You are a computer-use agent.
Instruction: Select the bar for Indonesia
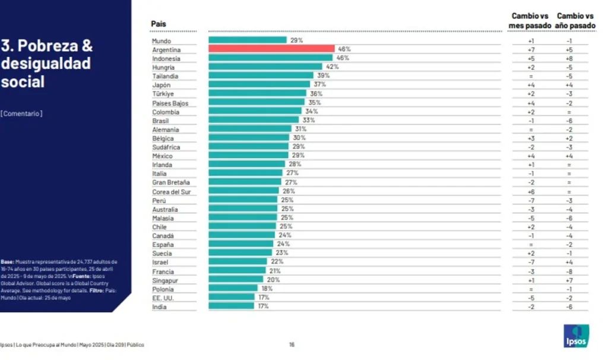pos(270,58)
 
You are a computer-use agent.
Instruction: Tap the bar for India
pos(231,306)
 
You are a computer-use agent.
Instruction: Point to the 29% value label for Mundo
pos(296,40)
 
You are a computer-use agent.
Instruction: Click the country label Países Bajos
pos(170,103)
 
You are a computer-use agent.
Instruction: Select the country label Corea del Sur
pos(171,191)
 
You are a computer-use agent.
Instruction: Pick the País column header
pos(159,24)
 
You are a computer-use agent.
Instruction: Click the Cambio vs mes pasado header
pos(531,21)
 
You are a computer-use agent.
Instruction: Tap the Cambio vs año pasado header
pos(575,21)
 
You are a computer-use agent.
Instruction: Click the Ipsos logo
pos(575,336)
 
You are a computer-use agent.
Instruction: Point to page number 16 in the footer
pos(292,345)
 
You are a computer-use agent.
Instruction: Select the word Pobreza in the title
pos(50,46)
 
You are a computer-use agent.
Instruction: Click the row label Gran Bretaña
pos(171,182)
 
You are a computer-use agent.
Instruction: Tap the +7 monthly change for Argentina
pos(531,49)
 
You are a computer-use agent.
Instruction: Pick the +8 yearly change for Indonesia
pos(569,58)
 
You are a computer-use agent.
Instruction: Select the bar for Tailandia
pos(261,76)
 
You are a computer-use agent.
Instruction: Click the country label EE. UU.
pos(163,297)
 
